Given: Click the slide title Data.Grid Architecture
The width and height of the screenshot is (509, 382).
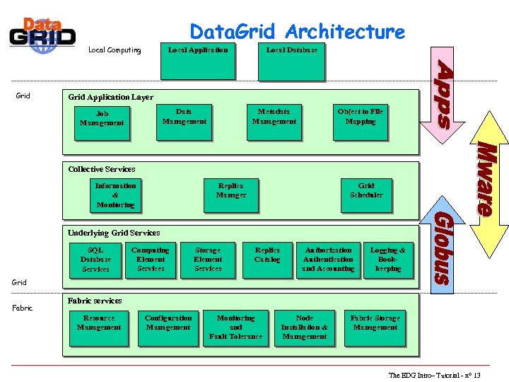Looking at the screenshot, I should click(297, 32).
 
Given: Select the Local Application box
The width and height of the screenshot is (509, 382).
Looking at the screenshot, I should click(198, 62).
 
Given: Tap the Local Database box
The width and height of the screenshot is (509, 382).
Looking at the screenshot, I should click(292, 62).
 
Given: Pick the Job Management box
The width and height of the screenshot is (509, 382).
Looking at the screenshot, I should click(102, 119).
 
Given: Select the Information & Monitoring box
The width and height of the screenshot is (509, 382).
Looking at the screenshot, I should click(116, 195).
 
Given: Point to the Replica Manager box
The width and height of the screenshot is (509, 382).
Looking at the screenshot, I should click(231, 195).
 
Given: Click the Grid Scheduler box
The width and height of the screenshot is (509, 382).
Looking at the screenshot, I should click(366, 195).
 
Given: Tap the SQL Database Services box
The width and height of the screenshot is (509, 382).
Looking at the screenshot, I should click(95, 260).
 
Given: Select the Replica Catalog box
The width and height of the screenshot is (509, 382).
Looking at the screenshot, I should click(267, 260).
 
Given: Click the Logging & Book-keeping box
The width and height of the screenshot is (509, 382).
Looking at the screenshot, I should click(388, 260).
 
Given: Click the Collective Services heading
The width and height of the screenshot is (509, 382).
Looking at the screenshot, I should click(102, 169).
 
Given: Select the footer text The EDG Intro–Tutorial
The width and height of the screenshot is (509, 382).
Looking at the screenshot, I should click(434, 375).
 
